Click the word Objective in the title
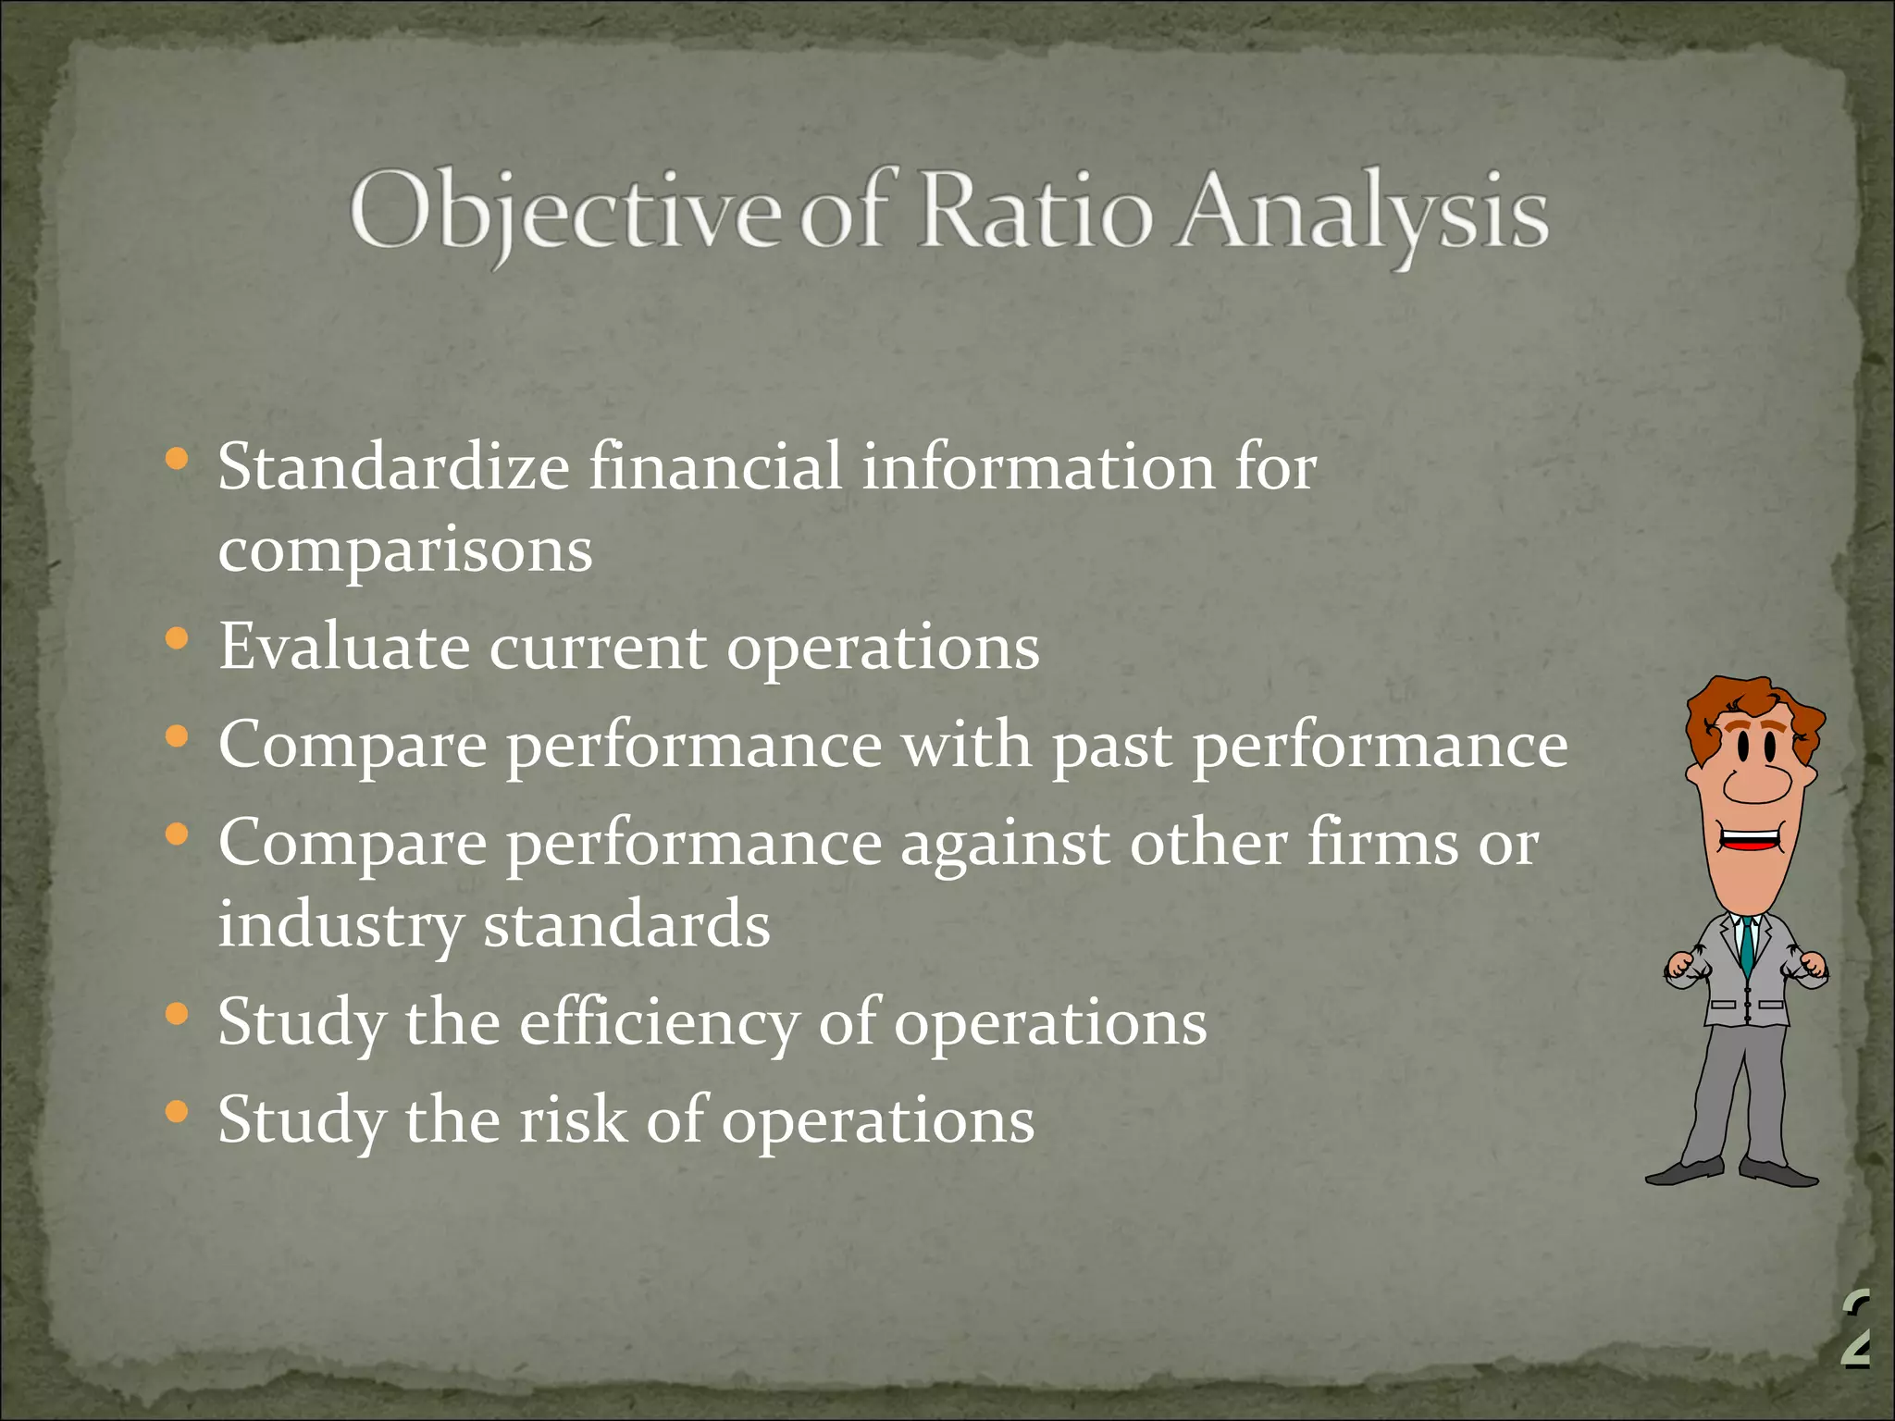point(564,211)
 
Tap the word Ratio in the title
point(1036,211)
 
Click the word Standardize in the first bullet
point(393,466)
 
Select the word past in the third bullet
point(1113,746)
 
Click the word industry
point(340,925)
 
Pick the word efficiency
point(658,1023)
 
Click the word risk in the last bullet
point(572,1120)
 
